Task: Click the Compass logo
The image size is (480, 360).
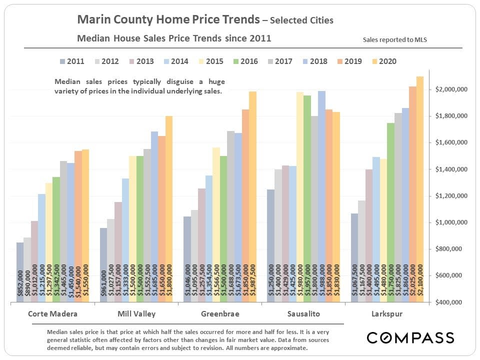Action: pyautogui.click(x=410, y=337)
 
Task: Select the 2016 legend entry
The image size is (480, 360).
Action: pyautogui.click(x=244, y=61)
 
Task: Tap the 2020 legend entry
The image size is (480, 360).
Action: pyautogui.click(x=382, y=61)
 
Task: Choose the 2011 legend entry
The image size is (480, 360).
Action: pyautogui.click(x=71, y=61)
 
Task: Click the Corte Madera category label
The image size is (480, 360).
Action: pyautogui.click(x=49, y=314)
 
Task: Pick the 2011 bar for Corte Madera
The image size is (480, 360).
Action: pyautogui.click(x=19, y=272)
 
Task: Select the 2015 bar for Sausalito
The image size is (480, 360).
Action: pyautogui.click(x=300, y=197)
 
